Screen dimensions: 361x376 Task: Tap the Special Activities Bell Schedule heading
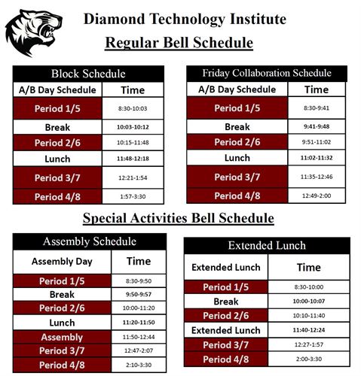(x=178, y=219)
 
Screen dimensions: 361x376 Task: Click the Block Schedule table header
(x=87, y=74)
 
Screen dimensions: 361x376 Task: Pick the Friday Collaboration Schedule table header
(x=267, y=73)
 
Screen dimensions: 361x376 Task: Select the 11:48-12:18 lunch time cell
(x=132, y=159)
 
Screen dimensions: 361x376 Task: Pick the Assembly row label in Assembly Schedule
(x=63, y=338)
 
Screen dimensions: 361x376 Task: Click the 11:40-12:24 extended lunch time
(x=309, y=330)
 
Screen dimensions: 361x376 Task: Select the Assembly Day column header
(x=63, y=262)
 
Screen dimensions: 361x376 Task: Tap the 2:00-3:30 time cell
(x=309, y=360)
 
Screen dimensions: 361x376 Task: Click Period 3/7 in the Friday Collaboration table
(x=237, y=177)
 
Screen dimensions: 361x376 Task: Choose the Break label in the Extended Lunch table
(x=225, y=302)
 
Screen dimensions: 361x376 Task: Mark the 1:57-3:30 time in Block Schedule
(x=132, y=196)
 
